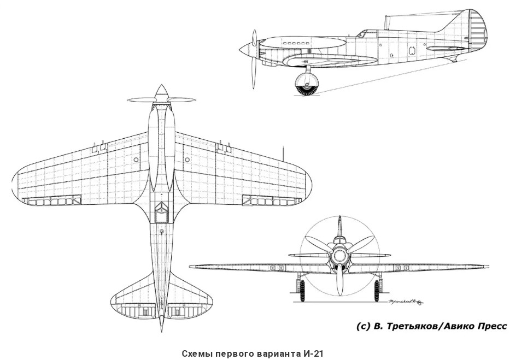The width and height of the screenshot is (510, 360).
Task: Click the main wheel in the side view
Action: tap(306, 85)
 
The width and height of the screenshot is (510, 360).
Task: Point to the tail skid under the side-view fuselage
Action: tap(454, 59)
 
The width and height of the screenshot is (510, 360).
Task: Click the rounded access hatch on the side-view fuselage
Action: tap(411, 50)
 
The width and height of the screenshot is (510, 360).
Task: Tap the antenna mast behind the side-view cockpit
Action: tap(387, 22)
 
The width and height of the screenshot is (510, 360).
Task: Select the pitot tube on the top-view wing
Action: tap(283, 151)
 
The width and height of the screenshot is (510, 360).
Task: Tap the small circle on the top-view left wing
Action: tap(136, 160)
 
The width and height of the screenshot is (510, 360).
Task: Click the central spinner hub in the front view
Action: tap(339, 256)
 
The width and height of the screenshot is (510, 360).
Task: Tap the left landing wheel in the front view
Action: tap(300, 290)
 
